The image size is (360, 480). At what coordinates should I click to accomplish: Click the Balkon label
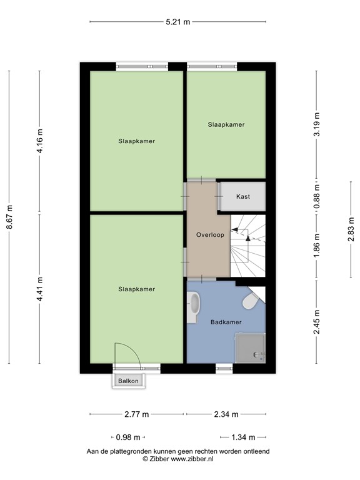click(127, 381)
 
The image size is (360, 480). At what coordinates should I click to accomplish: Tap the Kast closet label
click(243, 196)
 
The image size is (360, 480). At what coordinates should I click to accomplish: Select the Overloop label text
click(209, 236)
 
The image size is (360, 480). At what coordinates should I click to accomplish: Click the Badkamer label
click(226, 322)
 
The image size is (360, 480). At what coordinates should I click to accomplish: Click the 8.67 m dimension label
click(9, 217)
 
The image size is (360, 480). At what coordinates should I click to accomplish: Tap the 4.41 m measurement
click(40, 289)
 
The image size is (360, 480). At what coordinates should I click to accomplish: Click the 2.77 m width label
click(137, 414)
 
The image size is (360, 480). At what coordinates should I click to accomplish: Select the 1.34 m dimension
click(243, 437)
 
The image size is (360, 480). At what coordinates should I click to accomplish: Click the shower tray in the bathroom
click(249, 347)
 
